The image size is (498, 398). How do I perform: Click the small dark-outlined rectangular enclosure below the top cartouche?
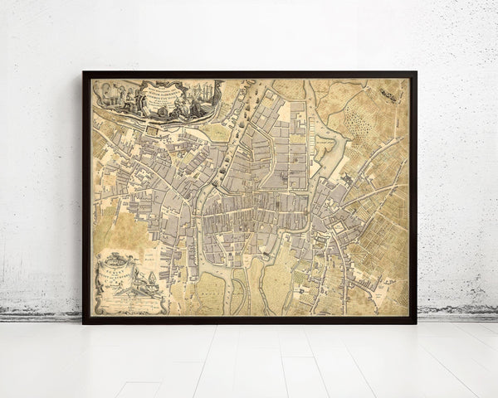[156, 128]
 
